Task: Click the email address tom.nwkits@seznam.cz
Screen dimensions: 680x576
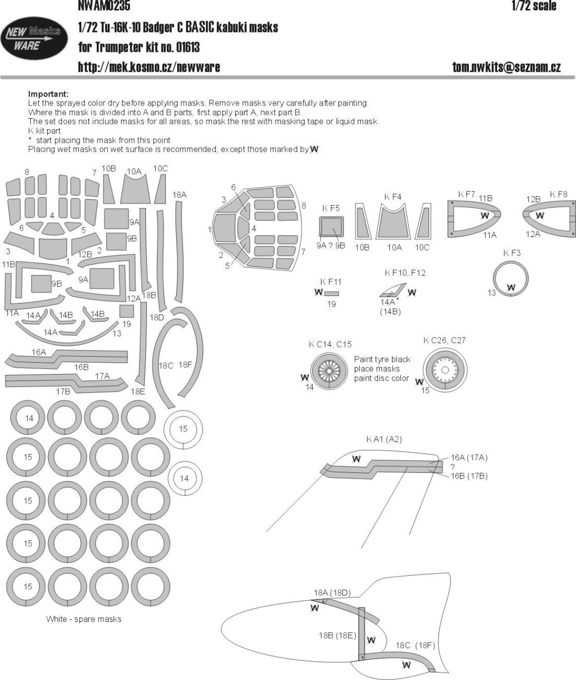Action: [506, 67]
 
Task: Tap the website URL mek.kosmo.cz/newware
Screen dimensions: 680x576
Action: [148, 67]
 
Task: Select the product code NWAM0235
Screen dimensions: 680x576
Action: [104, 6]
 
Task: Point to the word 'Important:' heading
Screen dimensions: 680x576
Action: [48, 94]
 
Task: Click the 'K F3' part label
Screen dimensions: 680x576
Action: [512, 253]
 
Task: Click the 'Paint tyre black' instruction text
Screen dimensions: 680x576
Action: [382, 359]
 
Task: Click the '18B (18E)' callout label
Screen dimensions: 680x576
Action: [337, 635]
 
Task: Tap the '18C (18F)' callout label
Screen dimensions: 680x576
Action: [415, 645]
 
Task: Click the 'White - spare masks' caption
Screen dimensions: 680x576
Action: [84, 619]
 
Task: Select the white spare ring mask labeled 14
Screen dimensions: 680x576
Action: [184, 478]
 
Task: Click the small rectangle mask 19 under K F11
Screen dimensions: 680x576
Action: [331, 293]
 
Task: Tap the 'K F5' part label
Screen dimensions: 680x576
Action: [331, 208]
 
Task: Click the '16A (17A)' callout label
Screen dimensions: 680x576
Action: [469, 458]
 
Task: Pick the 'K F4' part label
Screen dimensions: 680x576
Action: [393, 197]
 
